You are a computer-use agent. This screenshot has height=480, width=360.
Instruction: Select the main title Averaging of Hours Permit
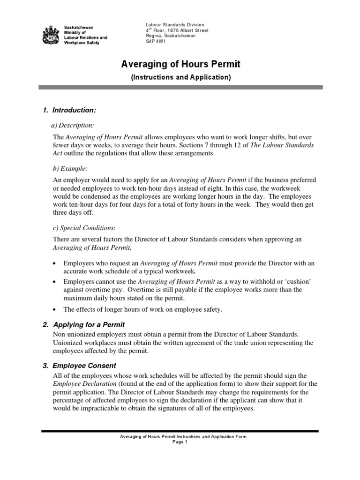point(180,64)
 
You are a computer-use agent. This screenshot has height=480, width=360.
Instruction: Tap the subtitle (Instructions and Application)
point(180,77)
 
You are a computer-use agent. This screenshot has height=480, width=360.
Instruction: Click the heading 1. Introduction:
point(69,110)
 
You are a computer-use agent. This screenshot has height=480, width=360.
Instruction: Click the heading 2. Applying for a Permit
point(88,325)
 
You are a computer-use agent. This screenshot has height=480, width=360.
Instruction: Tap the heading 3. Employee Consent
point(84,365)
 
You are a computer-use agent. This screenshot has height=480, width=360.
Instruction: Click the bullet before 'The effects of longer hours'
point(55,309)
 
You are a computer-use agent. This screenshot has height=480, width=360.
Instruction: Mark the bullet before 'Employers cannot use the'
point(55,282)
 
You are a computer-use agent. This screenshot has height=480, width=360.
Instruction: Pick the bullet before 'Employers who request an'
point(55,264)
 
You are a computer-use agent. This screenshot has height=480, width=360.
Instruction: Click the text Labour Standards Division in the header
point(175,24)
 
